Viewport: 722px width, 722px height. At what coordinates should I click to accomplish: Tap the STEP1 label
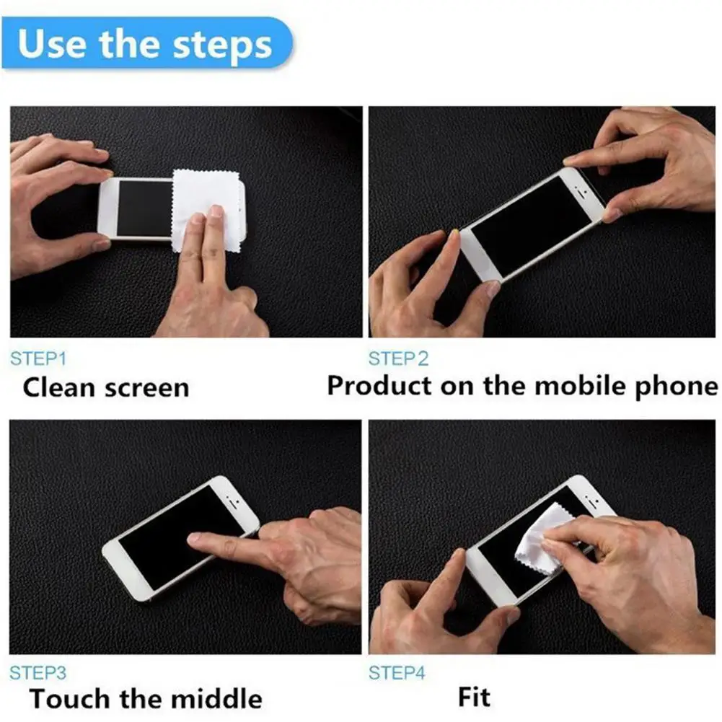[x=38, y=358]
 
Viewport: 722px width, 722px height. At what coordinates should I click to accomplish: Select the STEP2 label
[x=398, y=358]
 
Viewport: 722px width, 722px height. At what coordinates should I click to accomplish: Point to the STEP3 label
[x=38, y=673]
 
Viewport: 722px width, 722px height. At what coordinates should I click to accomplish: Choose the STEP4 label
[x=397, y=673]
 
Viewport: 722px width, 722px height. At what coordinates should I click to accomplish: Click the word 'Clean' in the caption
[x=60, y=388]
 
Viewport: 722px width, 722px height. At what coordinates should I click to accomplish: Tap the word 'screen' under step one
[x=146, y=389]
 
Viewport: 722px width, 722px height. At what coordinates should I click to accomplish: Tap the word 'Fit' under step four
[x=474, y=697]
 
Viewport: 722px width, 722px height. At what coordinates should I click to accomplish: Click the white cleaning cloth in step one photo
[x=206, y=202]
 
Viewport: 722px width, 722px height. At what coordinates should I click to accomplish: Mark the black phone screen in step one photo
[x=143, y=208]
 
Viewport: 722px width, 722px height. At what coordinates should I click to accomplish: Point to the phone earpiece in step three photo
[x=232, y=500]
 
